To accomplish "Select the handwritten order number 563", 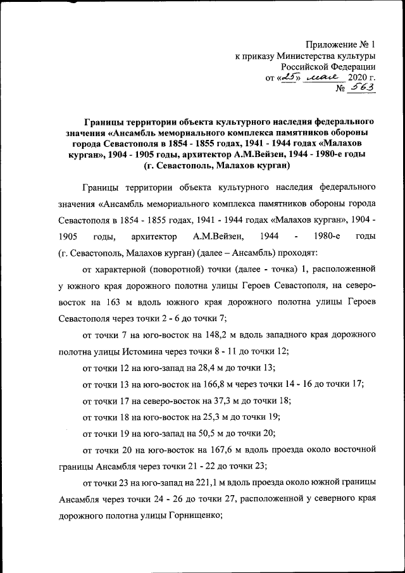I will [362, 89].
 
